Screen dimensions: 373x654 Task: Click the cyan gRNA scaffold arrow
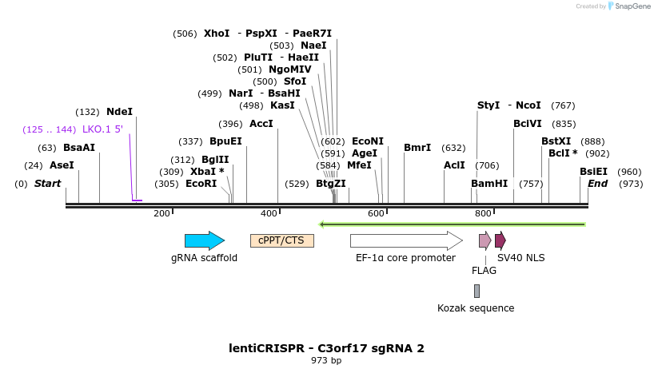tap(204, 240)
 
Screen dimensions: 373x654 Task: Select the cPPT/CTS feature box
tap(282, 240)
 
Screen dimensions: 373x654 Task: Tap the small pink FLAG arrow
tap(485, 240)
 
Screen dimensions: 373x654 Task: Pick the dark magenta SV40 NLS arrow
tap(500, 240)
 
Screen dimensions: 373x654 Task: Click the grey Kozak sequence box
tap(477, 291)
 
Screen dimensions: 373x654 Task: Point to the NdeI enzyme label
tap(119, 113)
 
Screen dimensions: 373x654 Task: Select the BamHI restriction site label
tap(489, 184)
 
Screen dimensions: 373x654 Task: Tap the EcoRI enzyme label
tap(201, 184)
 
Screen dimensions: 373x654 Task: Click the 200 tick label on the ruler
tap(162, 213)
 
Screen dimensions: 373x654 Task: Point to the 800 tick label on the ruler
tap(482, 213)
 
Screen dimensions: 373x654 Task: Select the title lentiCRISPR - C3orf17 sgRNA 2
tap(326, 348)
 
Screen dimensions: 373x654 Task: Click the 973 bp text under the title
tap(326, 360)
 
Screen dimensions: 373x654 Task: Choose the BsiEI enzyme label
tap(593, 172)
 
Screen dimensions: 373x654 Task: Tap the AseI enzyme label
tap(62, 165)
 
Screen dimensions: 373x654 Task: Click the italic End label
tap(597, 184)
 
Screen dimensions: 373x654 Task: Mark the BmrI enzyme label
tap(417, 148)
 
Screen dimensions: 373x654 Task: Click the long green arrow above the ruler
tap(453, 224)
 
